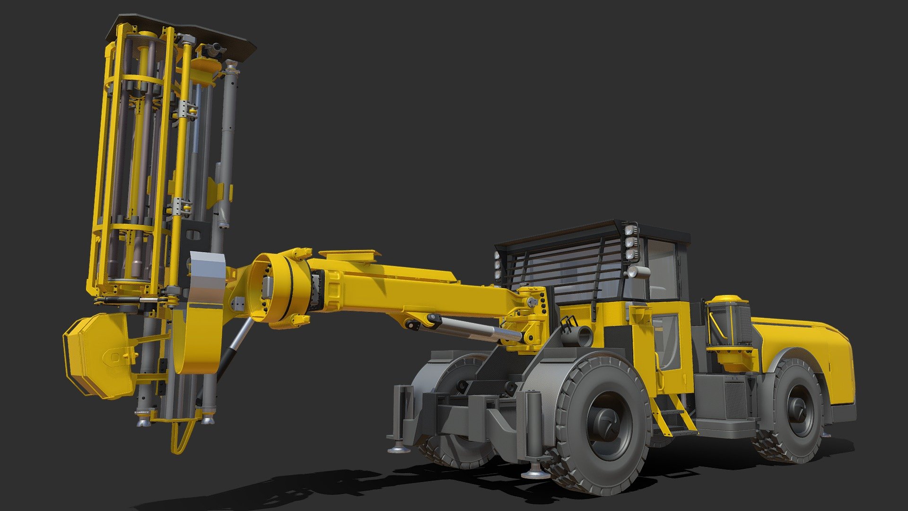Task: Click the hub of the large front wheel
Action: [606, 420]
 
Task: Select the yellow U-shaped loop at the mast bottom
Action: [181, 438]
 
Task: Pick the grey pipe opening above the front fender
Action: [584, 336]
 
